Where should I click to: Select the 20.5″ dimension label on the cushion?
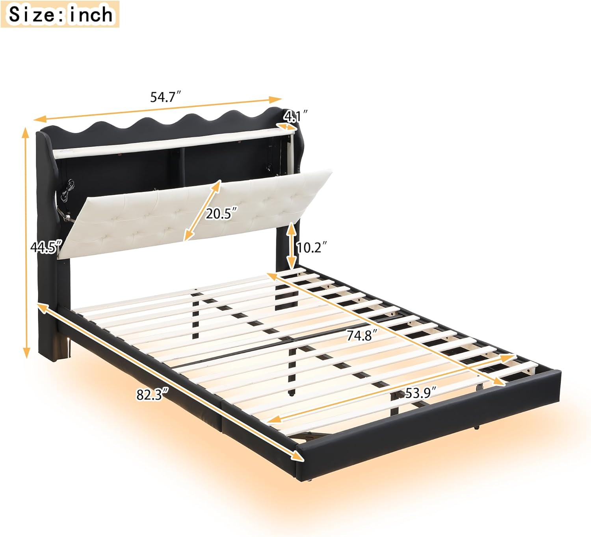point(221,214)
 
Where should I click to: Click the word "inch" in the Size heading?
point(91,15)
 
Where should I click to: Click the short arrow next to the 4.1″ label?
point(286,127)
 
